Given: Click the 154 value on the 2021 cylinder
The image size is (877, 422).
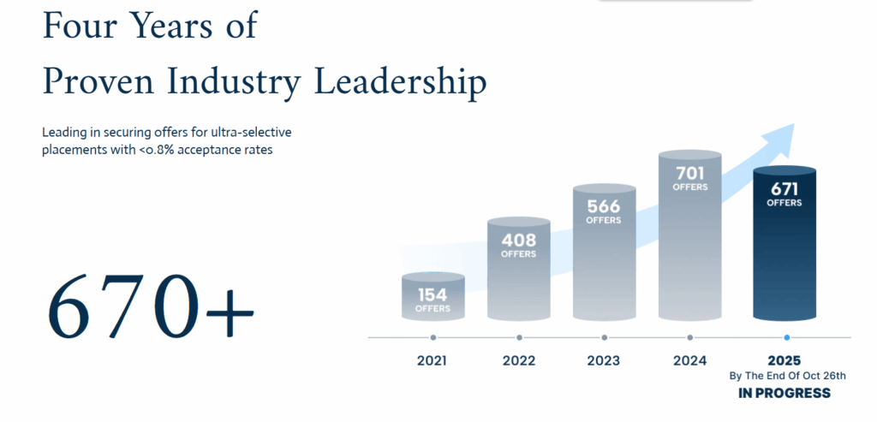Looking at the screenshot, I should [x=433, y=295].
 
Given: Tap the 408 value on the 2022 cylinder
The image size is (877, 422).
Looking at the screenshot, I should [x=518, y=241].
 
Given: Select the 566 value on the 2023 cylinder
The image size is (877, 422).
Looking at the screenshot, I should [x=603, y=206].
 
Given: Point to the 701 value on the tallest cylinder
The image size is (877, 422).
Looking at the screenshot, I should [x=689, y=173].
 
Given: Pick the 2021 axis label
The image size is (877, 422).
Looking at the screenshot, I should [x=433, y=360].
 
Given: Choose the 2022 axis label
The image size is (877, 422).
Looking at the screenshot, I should [x=518, y=360].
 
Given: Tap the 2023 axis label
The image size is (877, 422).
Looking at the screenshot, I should [x=603, y=360].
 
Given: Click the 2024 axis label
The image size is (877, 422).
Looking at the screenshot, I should [x=689, y=360].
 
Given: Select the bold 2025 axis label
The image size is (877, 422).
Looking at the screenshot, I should [x=785, y=360].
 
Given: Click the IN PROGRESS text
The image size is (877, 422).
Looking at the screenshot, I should [x=785, y=393].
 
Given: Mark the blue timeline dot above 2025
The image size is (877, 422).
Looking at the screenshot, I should [x=786, y=338].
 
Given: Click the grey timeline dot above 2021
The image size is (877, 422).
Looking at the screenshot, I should [x=433, y=338].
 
